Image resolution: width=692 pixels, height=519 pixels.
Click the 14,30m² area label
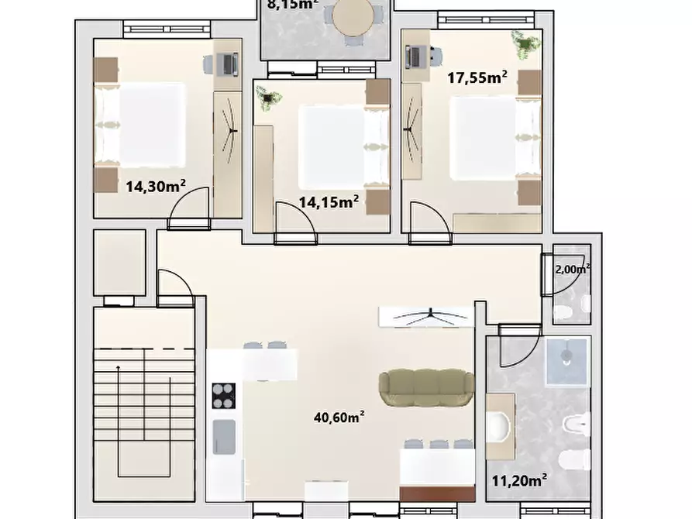(155, 186)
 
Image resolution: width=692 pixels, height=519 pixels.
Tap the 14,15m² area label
(329, 203)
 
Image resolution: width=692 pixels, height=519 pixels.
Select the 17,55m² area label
(477, 77)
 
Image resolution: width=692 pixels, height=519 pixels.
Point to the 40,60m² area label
(339, 417)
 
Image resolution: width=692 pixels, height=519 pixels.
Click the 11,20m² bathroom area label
(519, 479)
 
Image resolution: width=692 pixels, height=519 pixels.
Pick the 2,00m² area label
(572, 270)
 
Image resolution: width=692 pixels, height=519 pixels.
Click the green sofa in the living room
(426, 387)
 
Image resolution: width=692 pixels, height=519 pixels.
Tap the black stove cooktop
(224, 395)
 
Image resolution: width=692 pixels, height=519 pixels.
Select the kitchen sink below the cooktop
(224, 435)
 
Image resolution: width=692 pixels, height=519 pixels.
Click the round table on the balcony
(353, 15)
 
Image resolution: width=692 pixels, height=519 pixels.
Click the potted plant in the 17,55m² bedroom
(525, 42)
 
